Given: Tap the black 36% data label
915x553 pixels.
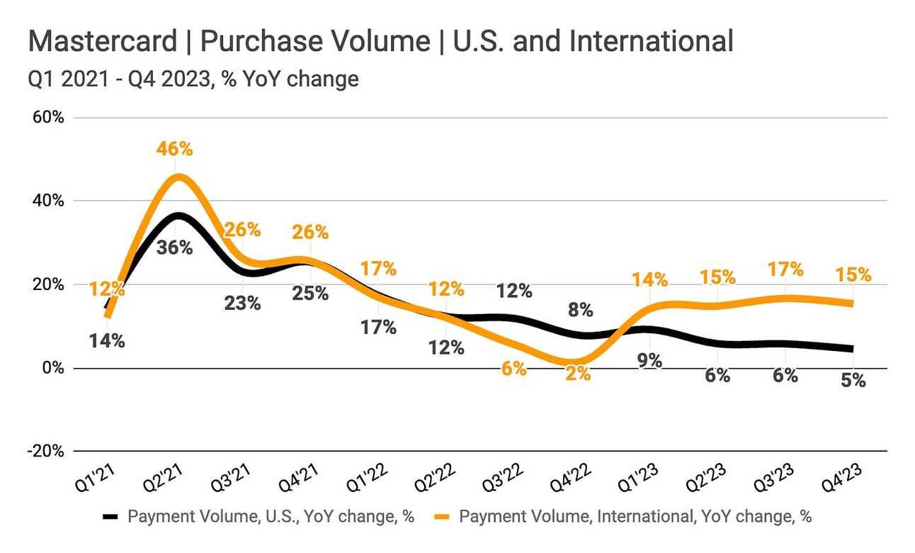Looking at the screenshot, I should click(175, 247).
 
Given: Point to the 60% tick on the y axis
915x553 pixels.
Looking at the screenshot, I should click(47, 118).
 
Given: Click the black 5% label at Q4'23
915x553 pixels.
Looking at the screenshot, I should click(853, 381).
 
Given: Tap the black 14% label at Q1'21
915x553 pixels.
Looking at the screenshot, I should click(107, 340).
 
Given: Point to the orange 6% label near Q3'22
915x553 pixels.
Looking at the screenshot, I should click(513, 369).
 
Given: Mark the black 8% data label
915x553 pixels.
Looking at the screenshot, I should click(581, 310).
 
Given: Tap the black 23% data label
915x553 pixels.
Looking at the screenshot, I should click(243, 303).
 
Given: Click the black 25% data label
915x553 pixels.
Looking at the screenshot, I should click(310, 292).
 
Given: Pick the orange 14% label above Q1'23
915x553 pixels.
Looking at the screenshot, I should click(650, 279).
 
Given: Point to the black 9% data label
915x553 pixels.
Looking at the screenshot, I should click(649, 361).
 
